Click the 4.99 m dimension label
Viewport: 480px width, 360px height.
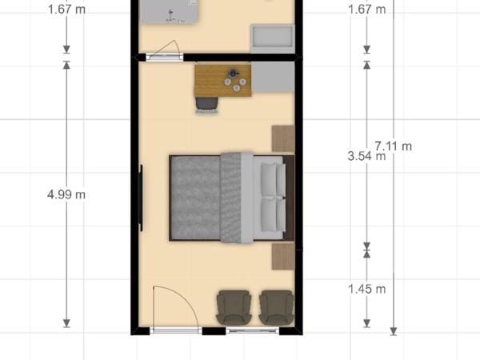coord(66,194)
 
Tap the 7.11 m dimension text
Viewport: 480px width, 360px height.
coord(394,146)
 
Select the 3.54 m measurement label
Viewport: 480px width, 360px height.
coord(366,156)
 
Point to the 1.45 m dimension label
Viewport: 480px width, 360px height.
coord(366,289)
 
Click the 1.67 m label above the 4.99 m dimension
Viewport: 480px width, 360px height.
coord(66,10)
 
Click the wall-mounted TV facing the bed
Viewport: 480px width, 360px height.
coord(141,198)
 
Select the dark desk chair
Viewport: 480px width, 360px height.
coord(207,104)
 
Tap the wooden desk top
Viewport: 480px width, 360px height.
coord(223,80)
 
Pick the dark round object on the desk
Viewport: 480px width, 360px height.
coord(233,74)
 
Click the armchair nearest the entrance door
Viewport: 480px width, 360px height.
coord(234,307)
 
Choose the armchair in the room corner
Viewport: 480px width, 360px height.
coord(277,307)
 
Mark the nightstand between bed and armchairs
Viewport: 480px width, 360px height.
coord(283,257)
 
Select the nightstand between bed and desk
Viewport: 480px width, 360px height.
coord(283,138)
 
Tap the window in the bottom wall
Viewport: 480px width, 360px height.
coord(253,330)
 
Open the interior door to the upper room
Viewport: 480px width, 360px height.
coord(164,57)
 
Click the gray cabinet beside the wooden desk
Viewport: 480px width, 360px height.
coord(273,78)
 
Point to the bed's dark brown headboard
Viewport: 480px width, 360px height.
coord(290,198)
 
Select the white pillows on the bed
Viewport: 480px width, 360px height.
coord(273,198)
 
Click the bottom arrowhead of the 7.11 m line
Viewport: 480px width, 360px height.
coord(394,331)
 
